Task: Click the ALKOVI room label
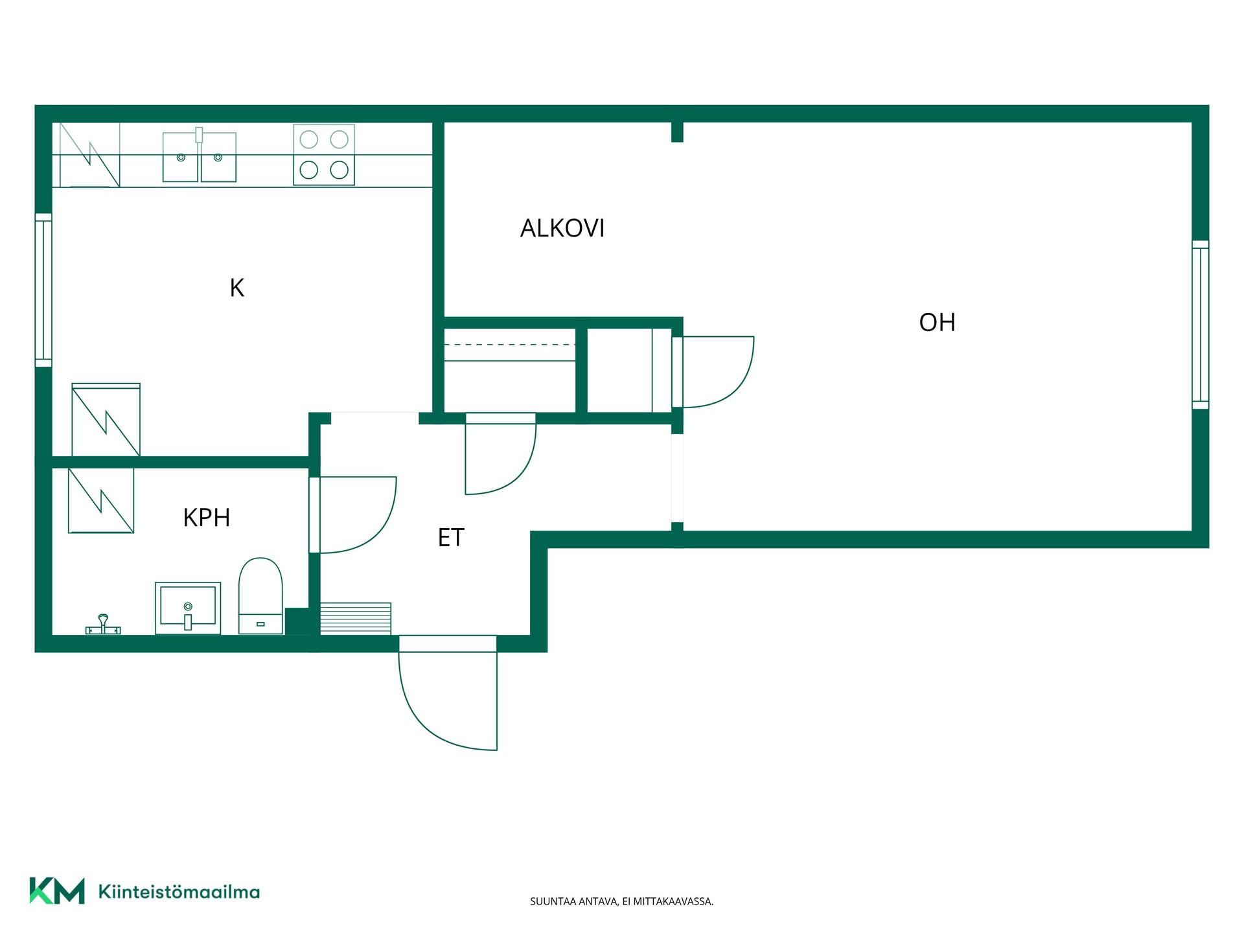click(x=562, y=228)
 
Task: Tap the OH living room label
click(x=937, y=322)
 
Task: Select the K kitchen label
click(x=237, y=288)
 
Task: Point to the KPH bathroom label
click(x=207, y=518)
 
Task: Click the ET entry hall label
click(x=451, y=537)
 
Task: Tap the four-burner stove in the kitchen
click(x=324, y=155)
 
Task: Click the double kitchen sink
click(x=200, y=155)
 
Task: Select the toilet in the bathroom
click(x=260, y=596)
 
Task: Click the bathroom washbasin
click(x=188, y=608)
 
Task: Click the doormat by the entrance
click(x=356, y=619)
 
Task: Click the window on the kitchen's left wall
click(x=43, y=290)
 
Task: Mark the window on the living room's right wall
click(x=1201, y=325)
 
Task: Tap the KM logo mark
click(x=57, y=890)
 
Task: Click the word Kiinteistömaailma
click(x=179, y=892)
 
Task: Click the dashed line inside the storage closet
click(x=509, y=345)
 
